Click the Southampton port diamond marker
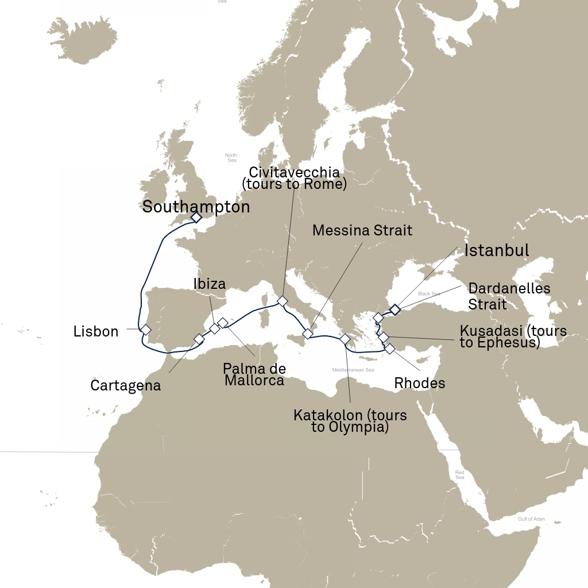click(x=196, y=218)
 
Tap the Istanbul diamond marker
click(x=395, y=310)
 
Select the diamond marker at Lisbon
click(x=146, y=330)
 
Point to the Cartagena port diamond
click(x=199, y=339)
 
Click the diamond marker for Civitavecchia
click(x=282, y=301)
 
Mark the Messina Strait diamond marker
click(x=307, y=334)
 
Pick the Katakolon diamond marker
click(x=345, y=339)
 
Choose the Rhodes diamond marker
click(x=390, y=348)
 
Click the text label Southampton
click(x=196, y=207)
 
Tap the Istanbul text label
click(x=496, y=250)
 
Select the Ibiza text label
click(x=209, y=283)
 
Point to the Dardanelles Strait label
click(x=509, y=296)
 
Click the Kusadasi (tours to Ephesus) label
click(x=513, y=337)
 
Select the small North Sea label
click(x=231, y=157)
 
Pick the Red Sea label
click(x=459, y=474)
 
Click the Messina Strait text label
click(x=362, y=231)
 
